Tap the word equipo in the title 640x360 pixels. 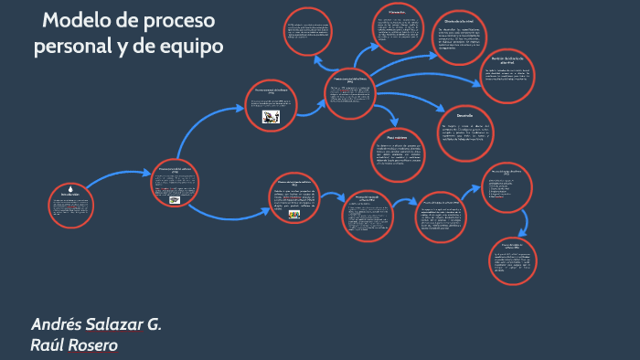click(187, 46)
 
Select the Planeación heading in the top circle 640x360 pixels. click(396, 12)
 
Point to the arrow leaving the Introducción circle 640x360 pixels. click(119, 176)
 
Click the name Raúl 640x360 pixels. click(47, 345)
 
